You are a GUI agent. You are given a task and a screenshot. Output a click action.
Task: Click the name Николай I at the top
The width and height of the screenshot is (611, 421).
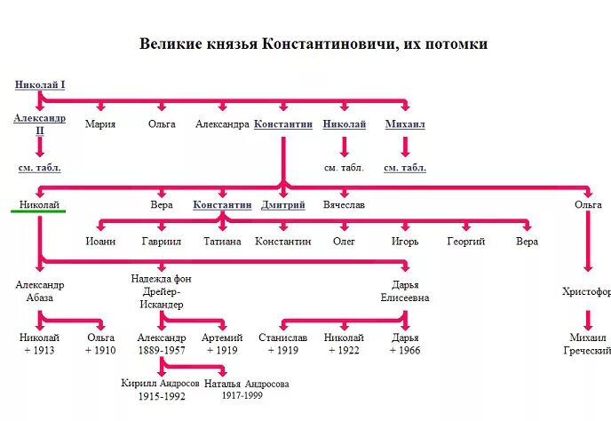click(40, 85)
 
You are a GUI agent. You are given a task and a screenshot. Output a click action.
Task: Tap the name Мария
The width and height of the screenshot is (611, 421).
click(100, 124)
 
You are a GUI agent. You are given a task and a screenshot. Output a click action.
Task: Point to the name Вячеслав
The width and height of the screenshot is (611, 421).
click(344, 204)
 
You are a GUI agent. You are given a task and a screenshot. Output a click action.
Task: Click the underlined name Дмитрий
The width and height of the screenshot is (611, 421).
click(283, 204)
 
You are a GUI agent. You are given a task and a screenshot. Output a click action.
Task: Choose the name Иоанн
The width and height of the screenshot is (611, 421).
click(99, 241)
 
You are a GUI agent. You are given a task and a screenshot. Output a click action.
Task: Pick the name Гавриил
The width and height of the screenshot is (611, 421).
click(161, 241)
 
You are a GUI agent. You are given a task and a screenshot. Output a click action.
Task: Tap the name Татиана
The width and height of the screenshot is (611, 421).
click(222, 241)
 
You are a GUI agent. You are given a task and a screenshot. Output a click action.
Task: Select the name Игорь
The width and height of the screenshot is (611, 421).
click(405, 241)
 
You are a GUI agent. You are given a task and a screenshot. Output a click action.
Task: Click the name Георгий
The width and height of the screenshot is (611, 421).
click(465, 241)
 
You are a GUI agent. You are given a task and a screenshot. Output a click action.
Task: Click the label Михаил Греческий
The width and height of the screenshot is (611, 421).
click(587, 344)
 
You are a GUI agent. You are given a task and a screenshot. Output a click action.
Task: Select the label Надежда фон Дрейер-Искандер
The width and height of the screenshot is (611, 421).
click(161, 291)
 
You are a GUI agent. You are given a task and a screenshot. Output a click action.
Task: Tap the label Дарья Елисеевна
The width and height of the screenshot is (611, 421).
click(405, 291)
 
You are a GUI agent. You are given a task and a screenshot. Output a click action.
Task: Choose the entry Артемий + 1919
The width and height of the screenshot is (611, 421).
click(222, 344)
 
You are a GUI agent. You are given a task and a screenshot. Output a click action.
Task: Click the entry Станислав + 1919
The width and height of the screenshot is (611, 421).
click(282, 344)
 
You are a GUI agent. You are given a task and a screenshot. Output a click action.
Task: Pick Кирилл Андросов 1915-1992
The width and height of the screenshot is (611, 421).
click(162, 389)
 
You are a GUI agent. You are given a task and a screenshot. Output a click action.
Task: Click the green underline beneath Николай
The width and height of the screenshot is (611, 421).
click(40, 212)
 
